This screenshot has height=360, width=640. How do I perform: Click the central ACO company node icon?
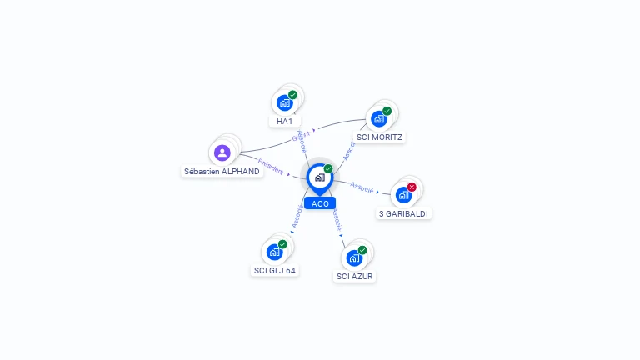coord(319,177)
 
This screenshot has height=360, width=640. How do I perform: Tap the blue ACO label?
coord(320,203)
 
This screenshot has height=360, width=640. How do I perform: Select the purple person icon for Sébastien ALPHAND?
coord(222,152)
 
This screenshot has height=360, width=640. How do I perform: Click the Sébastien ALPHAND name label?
coord(222,172)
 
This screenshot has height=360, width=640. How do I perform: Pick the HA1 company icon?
coord(284,103)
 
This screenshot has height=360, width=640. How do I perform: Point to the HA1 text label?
coord(284,122)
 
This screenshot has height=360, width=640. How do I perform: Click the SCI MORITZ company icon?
coord(379,118)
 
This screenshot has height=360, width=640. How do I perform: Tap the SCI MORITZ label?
coord(380,137)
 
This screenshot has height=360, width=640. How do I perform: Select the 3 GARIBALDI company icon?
coord(404,195)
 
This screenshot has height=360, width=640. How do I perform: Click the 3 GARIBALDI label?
coord(405,213)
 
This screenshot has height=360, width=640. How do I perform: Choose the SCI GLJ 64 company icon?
coord(274,252)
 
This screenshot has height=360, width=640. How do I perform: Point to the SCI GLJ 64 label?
coord(275,270)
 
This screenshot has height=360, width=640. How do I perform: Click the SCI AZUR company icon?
coord(354,257)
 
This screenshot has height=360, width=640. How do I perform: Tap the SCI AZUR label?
coord(355,276)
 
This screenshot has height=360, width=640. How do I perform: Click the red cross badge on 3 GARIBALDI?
coord(412,187)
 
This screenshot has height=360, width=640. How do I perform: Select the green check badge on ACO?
coord(328,168)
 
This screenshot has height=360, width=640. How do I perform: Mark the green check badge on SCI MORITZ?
coord(387,111)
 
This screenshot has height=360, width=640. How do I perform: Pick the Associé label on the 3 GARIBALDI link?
coord(362,187)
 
